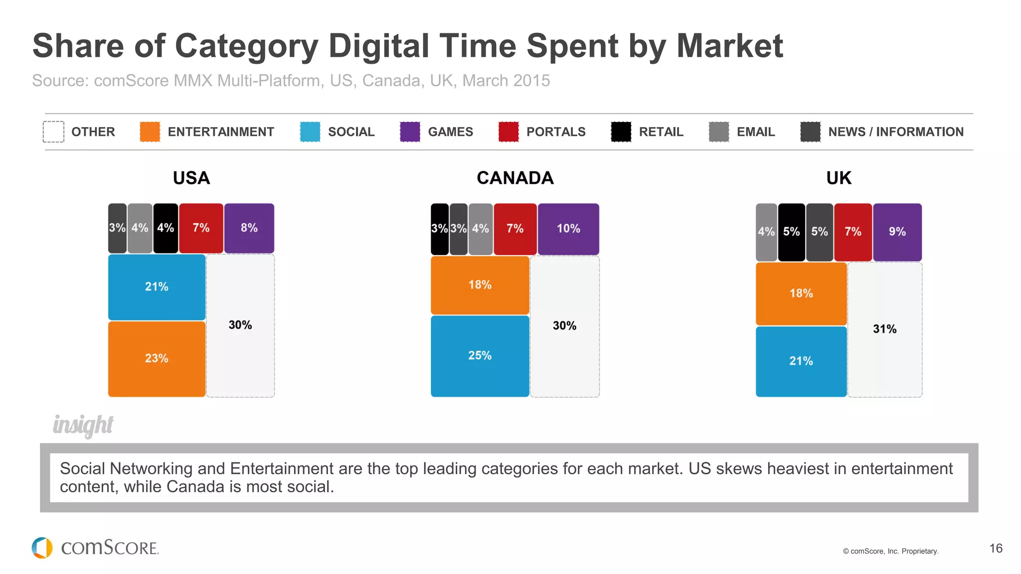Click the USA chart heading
pos(191,178)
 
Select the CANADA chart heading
pos(515,178)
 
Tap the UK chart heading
pos(839,178)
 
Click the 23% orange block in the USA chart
pos(157,359)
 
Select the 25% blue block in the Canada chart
pos(480,356)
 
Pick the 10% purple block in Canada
pos(568,229)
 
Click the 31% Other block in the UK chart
pos(884,329)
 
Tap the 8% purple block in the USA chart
pos(249,228)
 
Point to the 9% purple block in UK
pos(897,232)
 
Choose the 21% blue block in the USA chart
pos(157,287)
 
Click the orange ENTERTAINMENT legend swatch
pos(150,132)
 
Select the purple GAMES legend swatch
pos(410,132)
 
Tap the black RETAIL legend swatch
pos(621,132)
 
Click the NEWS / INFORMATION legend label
pos(895,132)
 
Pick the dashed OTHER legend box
pos(53,132)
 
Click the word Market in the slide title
pos(729,46)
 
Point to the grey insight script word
pos(83,425)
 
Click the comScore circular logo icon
pos(42,548)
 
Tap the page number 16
pos(996,549)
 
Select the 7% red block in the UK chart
pos(852,232)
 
